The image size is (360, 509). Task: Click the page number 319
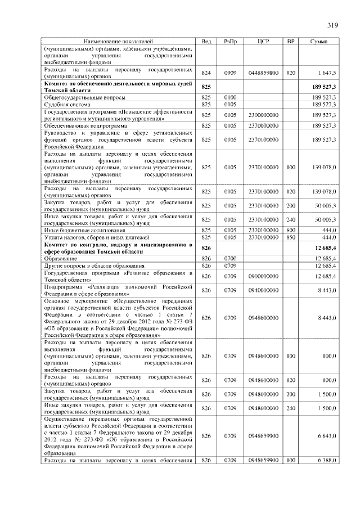[x=332, y=25]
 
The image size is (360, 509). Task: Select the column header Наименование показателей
[x=118, y=42]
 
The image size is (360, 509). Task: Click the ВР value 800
[x=291, y=230]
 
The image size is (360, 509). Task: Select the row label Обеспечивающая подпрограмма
[x=84, y=125]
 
